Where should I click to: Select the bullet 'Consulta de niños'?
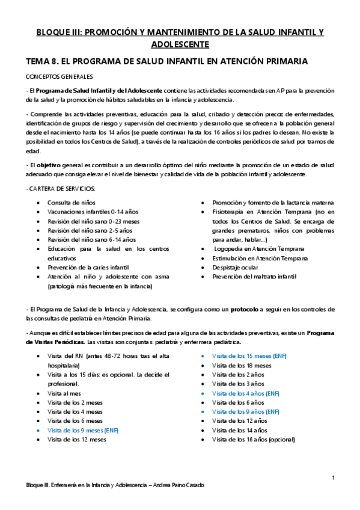click(x=72, y=203)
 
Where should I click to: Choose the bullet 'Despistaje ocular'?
click(x=237, y=267)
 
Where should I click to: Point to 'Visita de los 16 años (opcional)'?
click(x=254, y=439)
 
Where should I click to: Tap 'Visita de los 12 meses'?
click(x=77, y=439)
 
